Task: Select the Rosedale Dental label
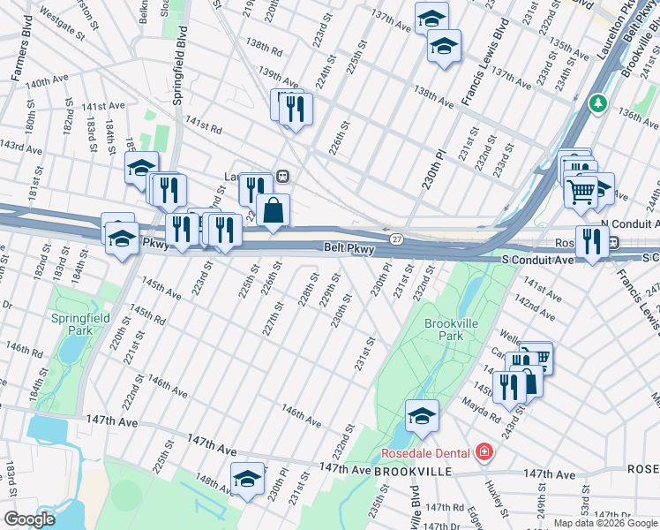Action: [424, 453]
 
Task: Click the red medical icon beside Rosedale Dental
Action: [483, 453]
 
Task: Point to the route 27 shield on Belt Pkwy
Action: [396, 238]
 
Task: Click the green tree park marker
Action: [598, 104]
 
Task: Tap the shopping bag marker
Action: [274, 211]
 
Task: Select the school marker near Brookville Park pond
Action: [422, 414]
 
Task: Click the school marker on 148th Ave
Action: [248, 478]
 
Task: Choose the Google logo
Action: [30, 519]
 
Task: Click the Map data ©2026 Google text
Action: [604, 523]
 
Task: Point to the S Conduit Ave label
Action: [538, 260]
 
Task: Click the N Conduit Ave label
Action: [628, 225]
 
